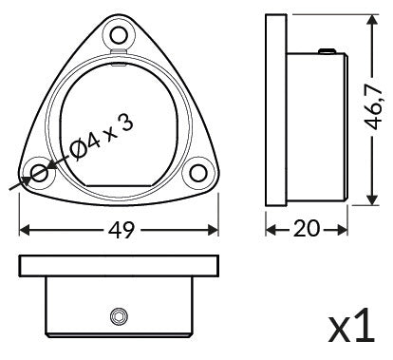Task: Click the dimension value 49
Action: pos(119,230)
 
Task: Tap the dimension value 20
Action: pos(306,230)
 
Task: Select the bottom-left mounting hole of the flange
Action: pos(40,174)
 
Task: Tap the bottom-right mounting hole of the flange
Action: pos(197,174)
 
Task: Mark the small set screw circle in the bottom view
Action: pos(118,314)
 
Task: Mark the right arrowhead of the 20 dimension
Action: pos(343,230)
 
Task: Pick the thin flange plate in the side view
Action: pos(276,110)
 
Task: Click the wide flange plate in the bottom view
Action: pos(119,265)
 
